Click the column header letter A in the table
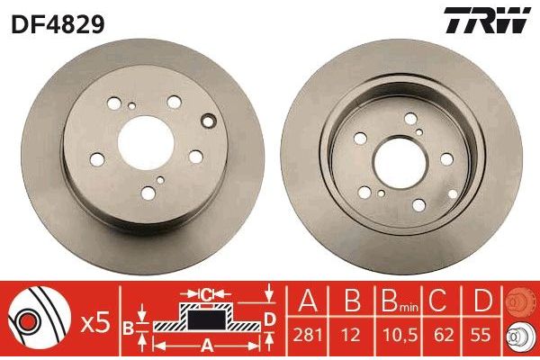(307, 301)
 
